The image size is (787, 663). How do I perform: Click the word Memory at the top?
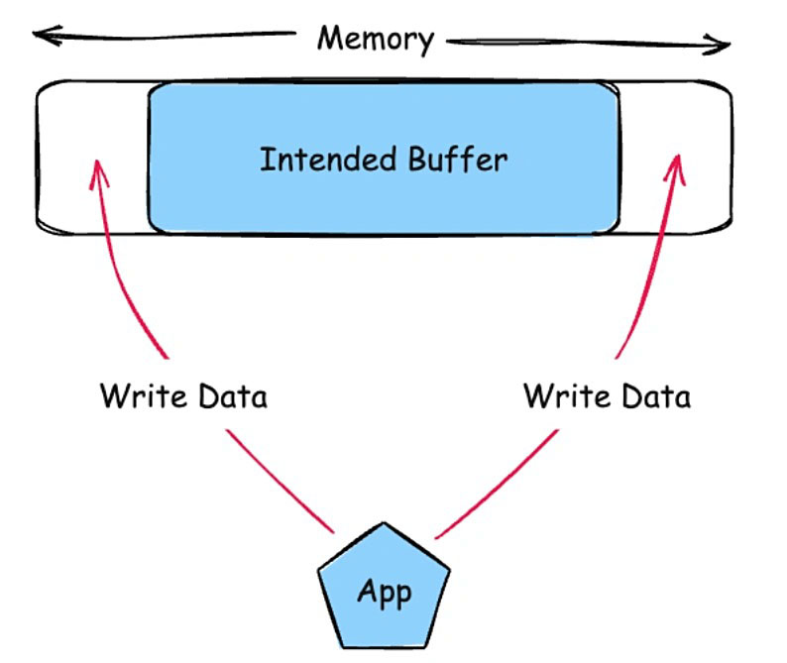coord(376,40)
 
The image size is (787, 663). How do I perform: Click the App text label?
coord(384,595)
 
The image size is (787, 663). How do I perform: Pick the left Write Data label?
coord(183,397)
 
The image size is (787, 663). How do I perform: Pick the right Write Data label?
coord(607,397)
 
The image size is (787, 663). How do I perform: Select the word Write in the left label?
coord(142,397)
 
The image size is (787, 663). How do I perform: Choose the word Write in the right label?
coord(565,397)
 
